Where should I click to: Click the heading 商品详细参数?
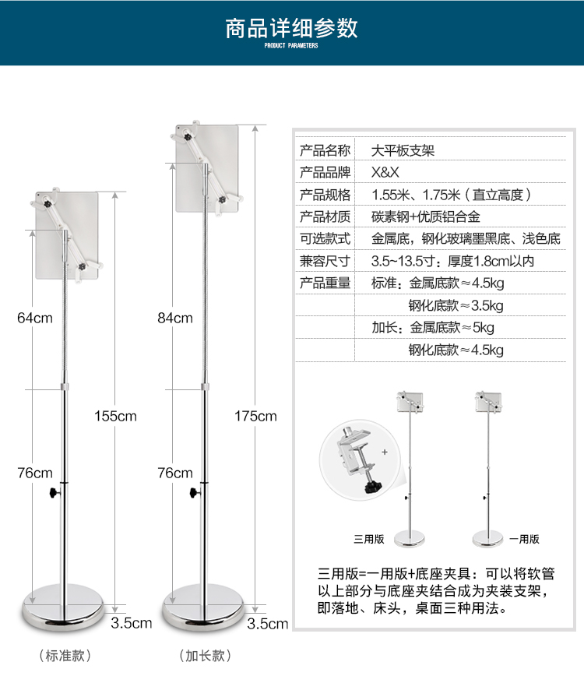tap(291, 28)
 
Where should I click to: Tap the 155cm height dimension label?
tap(115, 416)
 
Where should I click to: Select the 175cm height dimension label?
tap(255, 416)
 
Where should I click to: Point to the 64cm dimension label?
tap(34, 318)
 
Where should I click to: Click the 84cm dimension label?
tap(174, 318)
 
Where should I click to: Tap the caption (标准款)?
tap(64, 656)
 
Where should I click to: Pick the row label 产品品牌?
tap(325, 173)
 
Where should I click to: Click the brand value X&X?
tap(385, 173)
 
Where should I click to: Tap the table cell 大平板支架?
tap(403, 150)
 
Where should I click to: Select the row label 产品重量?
tap(325, 283)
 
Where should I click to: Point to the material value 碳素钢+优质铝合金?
tap(437, 217)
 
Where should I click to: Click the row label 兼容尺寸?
tap(325, 262)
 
